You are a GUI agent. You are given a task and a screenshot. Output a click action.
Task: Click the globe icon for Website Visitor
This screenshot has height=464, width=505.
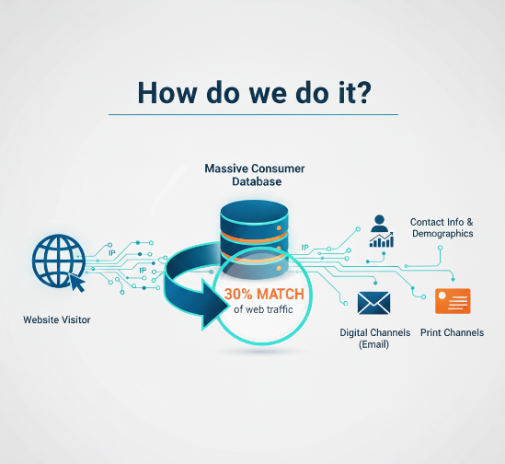click(58, 261)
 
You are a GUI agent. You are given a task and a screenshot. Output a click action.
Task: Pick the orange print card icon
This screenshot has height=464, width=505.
click(452, 301)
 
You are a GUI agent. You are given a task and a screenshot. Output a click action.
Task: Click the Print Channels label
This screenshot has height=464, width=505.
click(452, 332)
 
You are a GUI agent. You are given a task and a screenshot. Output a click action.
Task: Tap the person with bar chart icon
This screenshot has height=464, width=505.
click(380, 230)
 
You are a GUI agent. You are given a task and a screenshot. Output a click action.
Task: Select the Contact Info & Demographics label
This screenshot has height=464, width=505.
click(442, 227)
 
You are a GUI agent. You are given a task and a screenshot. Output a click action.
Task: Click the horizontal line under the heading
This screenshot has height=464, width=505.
click(253, 115)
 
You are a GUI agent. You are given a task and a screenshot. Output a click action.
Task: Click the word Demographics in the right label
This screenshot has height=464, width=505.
click(442, 234)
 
